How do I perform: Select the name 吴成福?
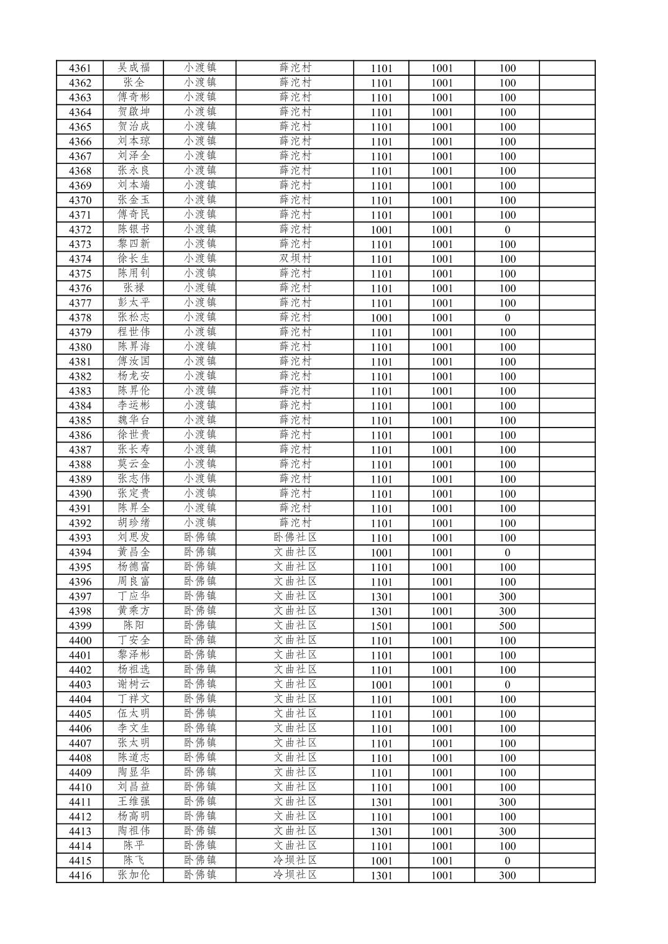[134, 68]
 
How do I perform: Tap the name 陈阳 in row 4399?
[134, 625]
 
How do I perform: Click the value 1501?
[381, 626]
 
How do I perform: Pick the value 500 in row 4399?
[507, 626]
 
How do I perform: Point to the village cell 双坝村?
[295, 259]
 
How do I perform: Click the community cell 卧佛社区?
[295, 538]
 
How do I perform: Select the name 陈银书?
[134, 229]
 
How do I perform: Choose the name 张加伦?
[134, 875]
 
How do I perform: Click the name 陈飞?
[134, 860]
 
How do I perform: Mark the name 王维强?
[134, 802]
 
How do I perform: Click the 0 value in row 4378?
[507, 318]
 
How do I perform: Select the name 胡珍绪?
[134, 523]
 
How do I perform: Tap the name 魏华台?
[134, 420]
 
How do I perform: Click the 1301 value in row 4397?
[381, 597]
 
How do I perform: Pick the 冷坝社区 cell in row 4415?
[295, 861]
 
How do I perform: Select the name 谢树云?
[134, 684]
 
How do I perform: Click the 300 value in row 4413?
[507, 832]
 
